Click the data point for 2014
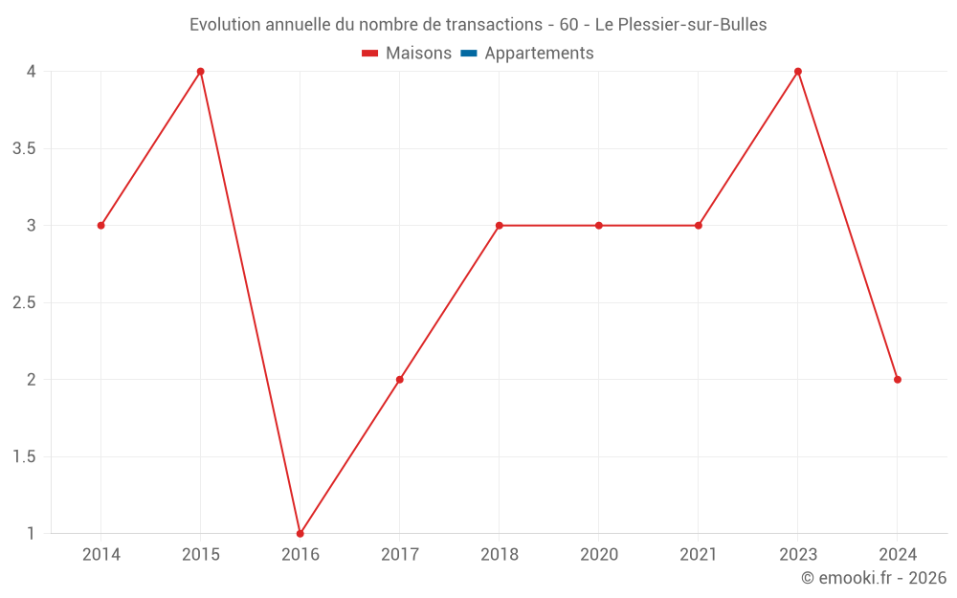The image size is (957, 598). [x=100, y=226]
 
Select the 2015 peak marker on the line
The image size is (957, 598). [x=201, y=72]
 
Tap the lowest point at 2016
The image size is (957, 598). [x=300, y=533]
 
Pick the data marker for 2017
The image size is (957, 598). [x=400, y=380]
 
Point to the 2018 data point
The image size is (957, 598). [x=500, y=226]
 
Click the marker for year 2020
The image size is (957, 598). [x=599, y=226]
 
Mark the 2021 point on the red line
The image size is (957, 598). [x=699, y=226]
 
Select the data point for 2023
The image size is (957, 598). [x=798, y=72]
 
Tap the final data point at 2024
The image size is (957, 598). [x=898, y=380]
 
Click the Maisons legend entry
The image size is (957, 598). [x=407, y=54]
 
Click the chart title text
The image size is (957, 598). [x=478, y=25]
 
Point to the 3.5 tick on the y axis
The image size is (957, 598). [x=25, y=149]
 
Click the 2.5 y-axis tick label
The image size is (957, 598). [x=25, y=303]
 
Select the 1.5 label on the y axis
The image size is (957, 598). [x=25, y=457]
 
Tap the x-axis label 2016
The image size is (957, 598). [x=300, y=555]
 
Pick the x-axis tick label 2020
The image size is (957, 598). [x=599, y=555]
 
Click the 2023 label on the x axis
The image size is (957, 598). [x=798, y=555]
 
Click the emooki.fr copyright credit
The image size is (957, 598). [x=874, y=578]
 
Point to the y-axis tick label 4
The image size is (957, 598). [x=32, y=72]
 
